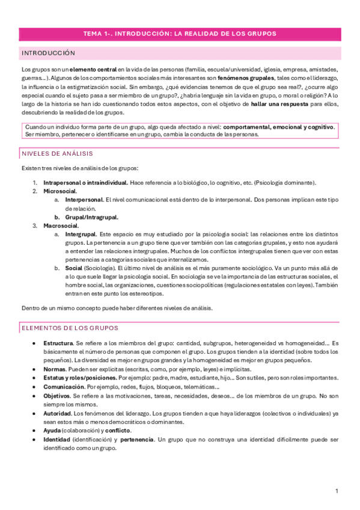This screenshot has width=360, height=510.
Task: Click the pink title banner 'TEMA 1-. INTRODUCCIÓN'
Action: click(180, 34)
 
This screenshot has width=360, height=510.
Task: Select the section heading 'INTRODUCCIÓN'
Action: click(48, 54)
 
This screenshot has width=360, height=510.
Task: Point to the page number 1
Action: click(337, 491)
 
